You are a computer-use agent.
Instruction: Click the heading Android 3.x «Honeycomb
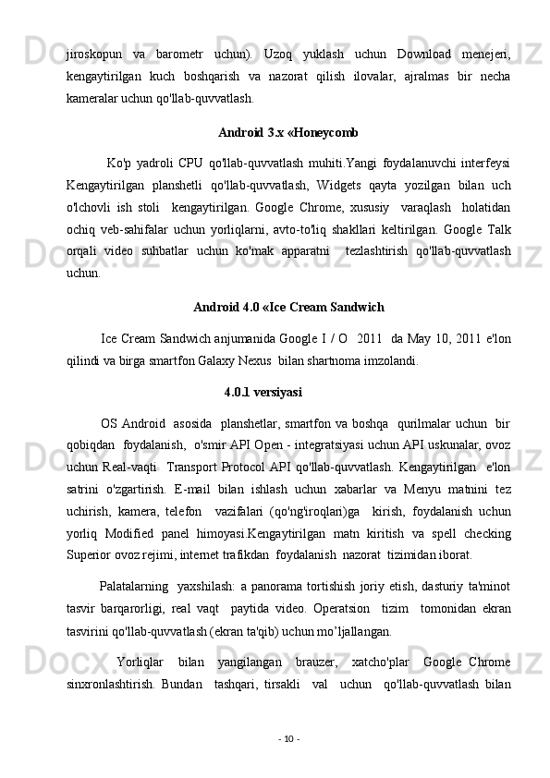tap(289, 130)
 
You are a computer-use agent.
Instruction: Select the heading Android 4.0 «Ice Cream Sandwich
tap(289, 306)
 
